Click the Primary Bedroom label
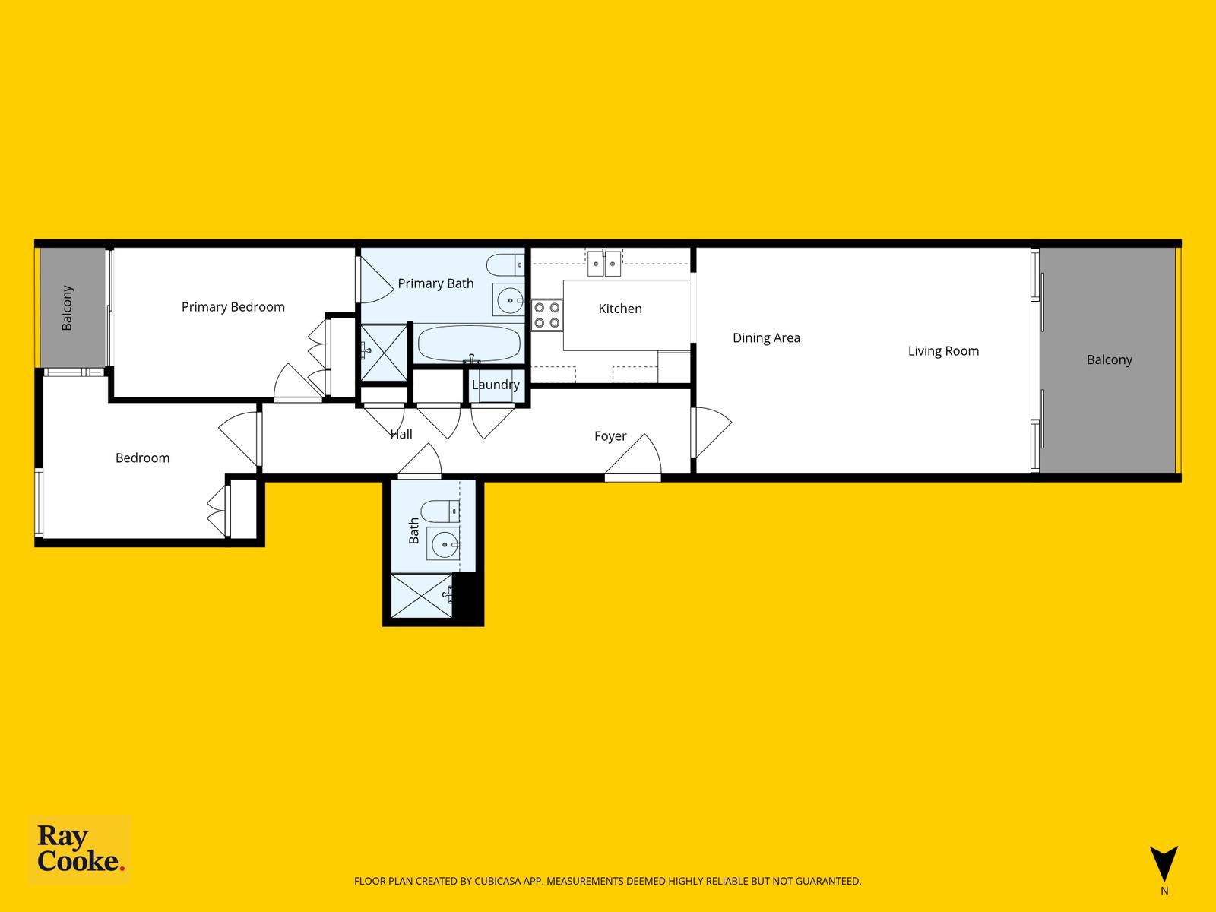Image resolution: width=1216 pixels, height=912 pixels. (x=233, y=307)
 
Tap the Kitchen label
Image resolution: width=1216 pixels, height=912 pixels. (x=620, y=309)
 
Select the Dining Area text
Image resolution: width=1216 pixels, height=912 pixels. (x=766, y=337)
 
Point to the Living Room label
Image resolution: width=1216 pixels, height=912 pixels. (x=943, y=351)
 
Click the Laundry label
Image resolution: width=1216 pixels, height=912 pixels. (x=496, y=385)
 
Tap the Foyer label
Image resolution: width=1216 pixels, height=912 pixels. (x=610, y=436)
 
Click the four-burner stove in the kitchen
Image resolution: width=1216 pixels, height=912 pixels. (x=546, y=315)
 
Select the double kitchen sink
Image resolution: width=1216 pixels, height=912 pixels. (x=604, y=263)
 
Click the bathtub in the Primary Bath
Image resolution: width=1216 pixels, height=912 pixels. (x=469, y=344)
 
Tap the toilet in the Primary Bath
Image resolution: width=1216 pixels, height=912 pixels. (x=505, y=265)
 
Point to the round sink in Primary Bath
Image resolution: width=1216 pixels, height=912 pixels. (x=509, y=301)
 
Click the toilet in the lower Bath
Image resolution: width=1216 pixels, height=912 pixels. (x=440, y=511)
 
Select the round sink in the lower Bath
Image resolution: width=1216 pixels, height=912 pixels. (x=444, y=544)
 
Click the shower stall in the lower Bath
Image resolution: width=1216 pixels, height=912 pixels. (x=422, y=596)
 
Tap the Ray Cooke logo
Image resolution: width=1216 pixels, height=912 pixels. (x=80, y=849)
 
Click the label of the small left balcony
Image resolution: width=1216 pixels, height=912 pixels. (x=67, y=308)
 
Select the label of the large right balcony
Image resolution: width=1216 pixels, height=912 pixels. (x=1109, y=360)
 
